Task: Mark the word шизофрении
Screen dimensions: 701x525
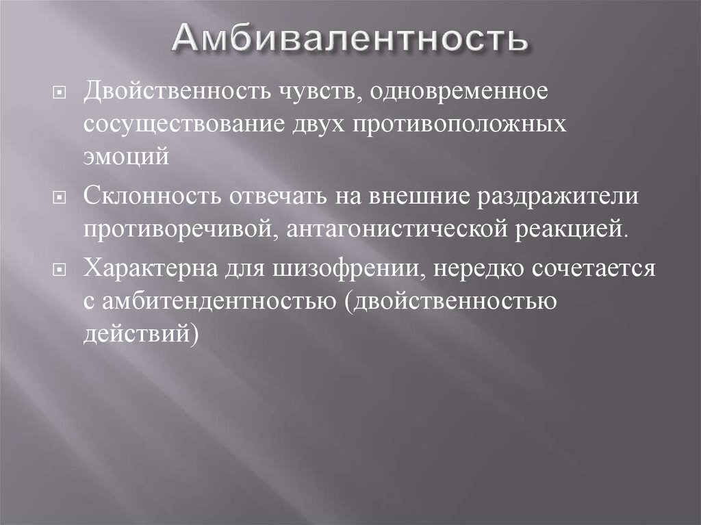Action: click(348, 269)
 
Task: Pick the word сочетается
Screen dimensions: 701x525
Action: click(594, 269)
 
